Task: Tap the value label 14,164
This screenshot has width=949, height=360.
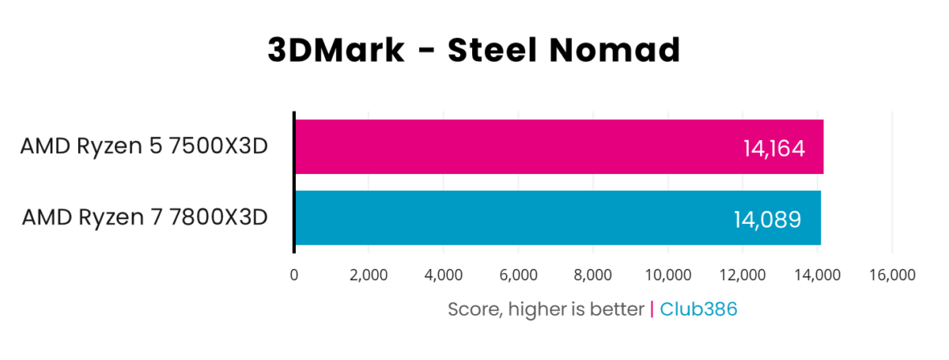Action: (x=773, y=148)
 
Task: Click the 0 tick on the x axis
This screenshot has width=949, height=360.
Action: (x=294, y=275)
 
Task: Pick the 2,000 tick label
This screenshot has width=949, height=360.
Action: (x=369, y=275)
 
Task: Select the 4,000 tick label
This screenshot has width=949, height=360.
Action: (x=444, y=275)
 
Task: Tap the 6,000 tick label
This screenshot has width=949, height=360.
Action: (x=518, y=275)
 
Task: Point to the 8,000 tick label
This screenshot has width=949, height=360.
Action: (x=593, y=275)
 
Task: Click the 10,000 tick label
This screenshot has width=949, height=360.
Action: (x=667, y=275)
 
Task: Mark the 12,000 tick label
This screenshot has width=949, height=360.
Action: (x=743, y=275)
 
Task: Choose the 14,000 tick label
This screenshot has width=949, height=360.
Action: (x=817, y=275)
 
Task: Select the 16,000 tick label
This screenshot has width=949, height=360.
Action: (x=892, y=275)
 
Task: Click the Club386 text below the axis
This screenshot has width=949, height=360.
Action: (x=698, y=309)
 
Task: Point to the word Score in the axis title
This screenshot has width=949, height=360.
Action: (x=472, y=309)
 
